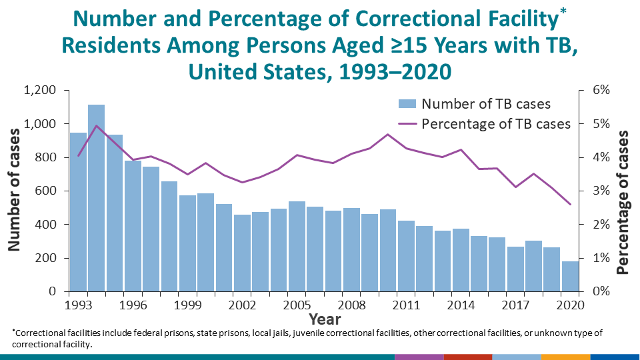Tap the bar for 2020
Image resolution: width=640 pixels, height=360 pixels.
pyautogui.click(x=570, y=276)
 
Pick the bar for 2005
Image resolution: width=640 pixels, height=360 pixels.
pyautogui.click(x=297, y=246)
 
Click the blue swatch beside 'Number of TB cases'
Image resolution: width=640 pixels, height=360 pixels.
pyautogui.click(x=407, y=104)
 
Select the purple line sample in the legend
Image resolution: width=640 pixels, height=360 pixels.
pyautogui.click(x=407, y=124)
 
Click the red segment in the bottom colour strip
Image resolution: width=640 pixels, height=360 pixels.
pyautogui.click(x=467, y=357)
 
